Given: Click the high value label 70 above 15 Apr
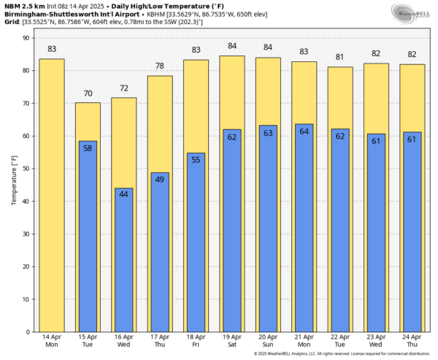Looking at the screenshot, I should pos(88,94).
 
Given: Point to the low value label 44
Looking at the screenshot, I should pos(124,194).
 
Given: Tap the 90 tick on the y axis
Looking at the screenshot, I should pos(26,38).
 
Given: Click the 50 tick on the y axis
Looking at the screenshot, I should pos(26,169).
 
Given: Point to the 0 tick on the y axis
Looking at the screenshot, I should pos(28,332).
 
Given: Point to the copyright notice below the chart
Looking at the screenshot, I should pos(343,354).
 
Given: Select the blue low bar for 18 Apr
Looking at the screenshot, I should pos(196,245).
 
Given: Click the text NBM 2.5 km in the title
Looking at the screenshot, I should pos(23,5).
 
